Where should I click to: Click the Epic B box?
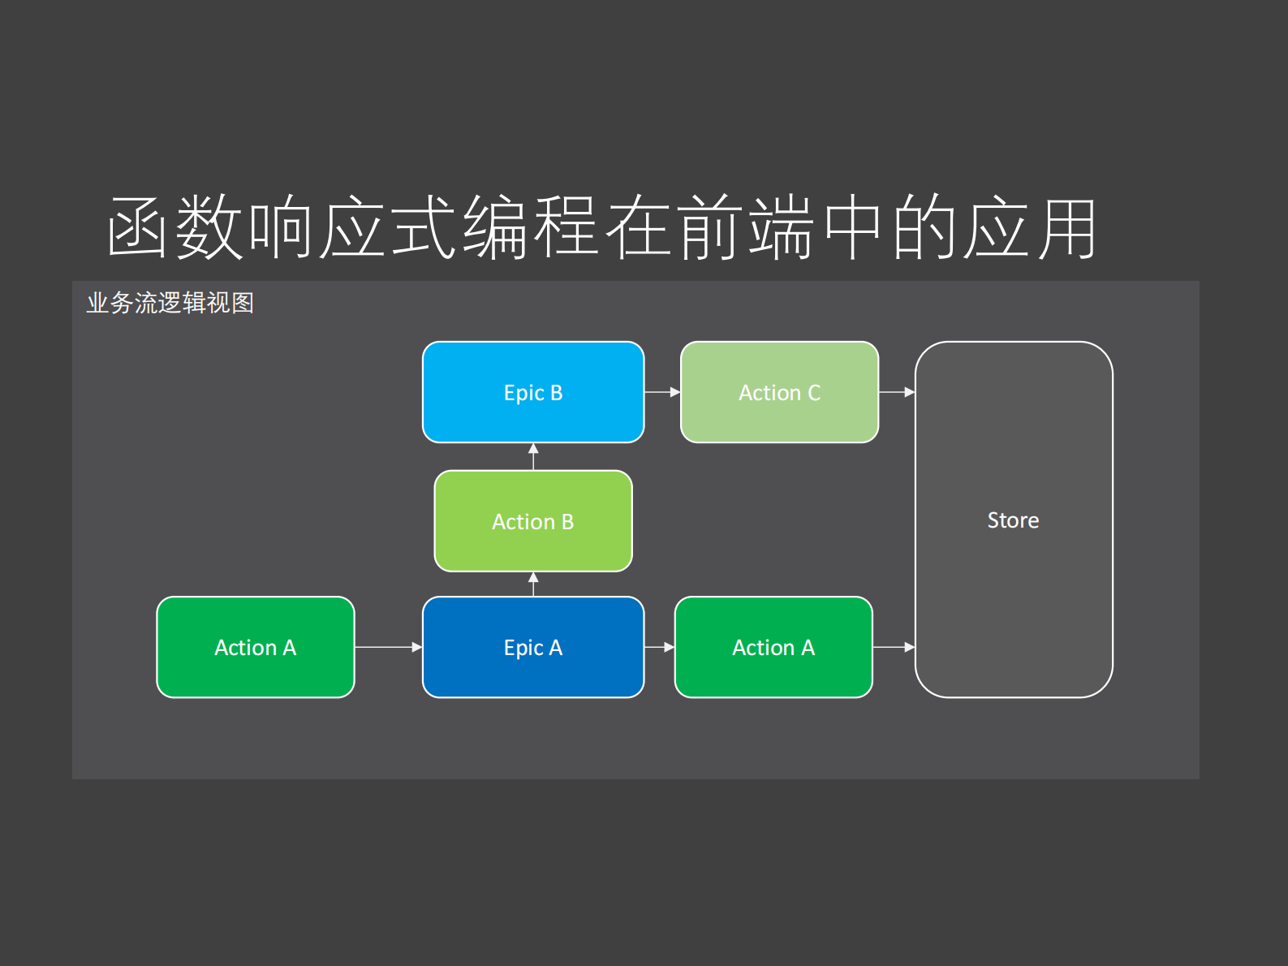(x=533, y=392)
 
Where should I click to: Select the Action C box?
(x=779, y=392)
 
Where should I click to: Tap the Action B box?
(x=533, y=521)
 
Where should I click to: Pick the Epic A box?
(x=533, y=647)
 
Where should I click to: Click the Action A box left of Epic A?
(x=256, y=647)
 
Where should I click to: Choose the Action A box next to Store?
(x=773, y=647)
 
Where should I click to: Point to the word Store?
(x=1013, y=520)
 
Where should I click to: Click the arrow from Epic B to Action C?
(x=662, y=392)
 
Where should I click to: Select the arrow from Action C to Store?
(x=897, y=392)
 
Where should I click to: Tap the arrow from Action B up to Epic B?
(x=533, y=456)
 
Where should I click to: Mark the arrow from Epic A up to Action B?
(x=533, y=584)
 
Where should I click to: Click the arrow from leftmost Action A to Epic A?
(x=388, y=647)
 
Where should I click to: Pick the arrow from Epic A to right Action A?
(x=659, y=647)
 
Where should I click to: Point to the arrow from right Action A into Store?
(x=894, y=647)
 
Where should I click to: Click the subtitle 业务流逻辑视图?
(x=170, y=303)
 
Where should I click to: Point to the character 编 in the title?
(x=495, y=228)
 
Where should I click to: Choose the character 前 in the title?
(x=709, y=228)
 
